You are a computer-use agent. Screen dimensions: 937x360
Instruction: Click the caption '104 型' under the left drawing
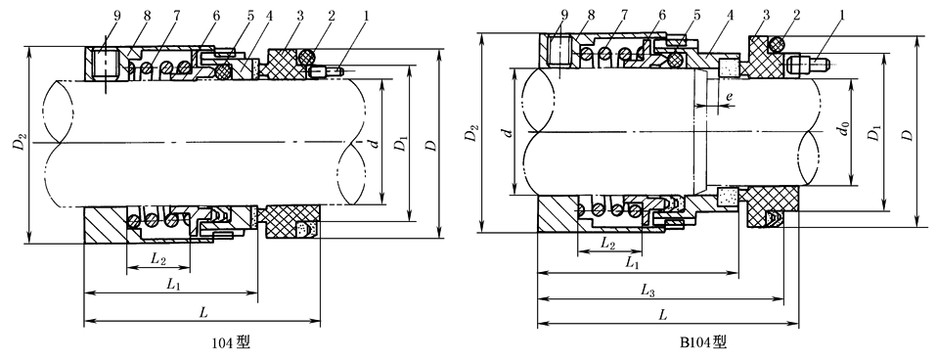(231, 342)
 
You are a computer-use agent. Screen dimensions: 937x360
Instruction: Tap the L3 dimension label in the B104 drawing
(648, 290)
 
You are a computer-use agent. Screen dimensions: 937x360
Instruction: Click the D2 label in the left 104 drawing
(21, 144)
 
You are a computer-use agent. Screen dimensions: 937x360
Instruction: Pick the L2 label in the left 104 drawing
(158, 258)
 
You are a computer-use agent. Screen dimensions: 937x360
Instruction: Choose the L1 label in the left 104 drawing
(173, 286)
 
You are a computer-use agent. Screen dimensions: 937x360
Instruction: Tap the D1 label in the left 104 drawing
(403, 144)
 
